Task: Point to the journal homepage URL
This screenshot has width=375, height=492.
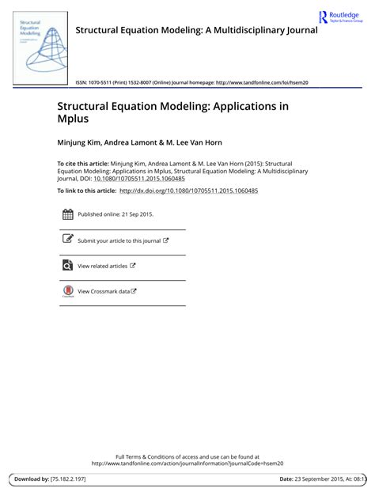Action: [260, 81]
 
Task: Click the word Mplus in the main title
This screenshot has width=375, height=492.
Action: [72, 119]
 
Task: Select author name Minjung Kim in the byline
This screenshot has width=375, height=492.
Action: [81, 143]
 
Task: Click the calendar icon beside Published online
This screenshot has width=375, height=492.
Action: [67, 214]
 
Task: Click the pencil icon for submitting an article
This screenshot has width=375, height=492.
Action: [67, 240]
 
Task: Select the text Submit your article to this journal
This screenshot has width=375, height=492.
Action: [119, 240]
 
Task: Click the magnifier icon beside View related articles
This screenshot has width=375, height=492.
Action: [67, 266]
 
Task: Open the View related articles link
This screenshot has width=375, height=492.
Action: [103, 266]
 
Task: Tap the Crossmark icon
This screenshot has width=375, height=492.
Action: [67, 291]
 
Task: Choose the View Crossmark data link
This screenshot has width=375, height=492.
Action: [104, 291]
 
